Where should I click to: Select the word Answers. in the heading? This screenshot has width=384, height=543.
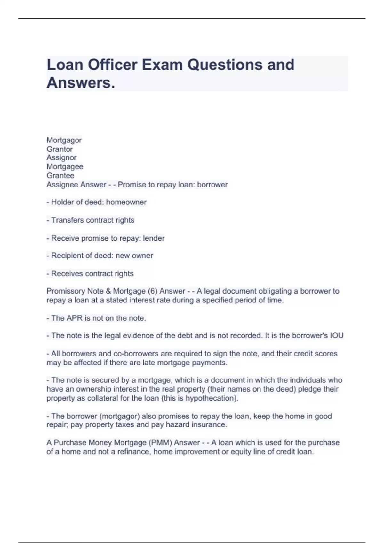[81, 83]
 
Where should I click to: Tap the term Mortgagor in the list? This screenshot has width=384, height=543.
[64, 140]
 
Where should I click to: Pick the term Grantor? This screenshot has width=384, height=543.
[60, 149]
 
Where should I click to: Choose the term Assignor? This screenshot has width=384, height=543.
[61, 158]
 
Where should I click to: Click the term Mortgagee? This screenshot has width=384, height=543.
[65, 167]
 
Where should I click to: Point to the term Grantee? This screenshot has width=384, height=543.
[60, 176]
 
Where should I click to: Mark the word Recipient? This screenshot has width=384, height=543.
[68, 256]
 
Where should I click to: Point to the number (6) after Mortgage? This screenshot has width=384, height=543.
[152, 291]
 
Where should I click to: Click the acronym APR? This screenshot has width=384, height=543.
[74, 318]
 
